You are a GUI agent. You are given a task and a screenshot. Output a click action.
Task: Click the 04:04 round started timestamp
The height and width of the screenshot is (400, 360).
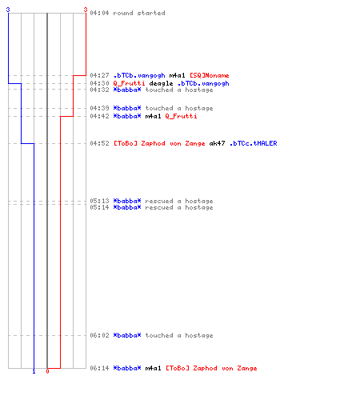tap(99, 13)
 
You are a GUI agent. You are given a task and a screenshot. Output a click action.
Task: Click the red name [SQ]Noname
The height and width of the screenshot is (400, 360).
tap(210, 75)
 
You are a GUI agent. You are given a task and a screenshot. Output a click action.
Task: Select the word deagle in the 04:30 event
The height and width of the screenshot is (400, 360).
tap(161, 84)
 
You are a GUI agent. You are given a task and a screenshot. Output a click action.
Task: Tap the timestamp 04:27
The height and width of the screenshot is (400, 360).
tap(99, 75)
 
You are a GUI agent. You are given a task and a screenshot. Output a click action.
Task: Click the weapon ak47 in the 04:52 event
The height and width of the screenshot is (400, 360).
tap(217, 143)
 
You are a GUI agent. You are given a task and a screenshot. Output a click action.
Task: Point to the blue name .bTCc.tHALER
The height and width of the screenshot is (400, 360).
tap(254, 143)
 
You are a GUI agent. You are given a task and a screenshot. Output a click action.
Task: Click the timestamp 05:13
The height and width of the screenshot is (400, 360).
tap(99, 201)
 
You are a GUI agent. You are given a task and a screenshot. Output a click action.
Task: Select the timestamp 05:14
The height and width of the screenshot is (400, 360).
tap(99, 207)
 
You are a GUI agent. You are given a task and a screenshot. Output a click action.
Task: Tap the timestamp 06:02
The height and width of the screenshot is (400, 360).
tap(99, 335)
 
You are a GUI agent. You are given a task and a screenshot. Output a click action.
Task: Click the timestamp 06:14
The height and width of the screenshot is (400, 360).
tap(99, 368)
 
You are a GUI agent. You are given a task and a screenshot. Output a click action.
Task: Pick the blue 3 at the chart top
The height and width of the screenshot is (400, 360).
tap(8, 10)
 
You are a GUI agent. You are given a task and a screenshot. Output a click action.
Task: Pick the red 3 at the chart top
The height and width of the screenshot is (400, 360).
tap(86, 10)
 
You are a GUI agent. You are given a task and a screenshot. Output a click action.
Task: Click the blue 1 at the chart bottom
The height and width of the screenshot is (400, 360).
tap(34, 371)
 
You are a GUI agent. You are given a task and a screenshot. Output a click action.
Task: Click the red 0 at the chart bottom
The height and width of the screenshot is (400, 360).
tap(47, 371)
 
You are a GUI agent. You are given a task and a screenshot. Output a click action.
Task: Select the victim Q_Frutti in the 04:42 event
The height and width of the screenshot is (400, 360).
tap(181, 116)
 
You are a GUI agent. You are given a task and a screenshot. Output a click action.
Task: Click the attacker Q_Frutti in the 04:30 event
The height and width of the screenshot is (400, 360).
tap(129, 83)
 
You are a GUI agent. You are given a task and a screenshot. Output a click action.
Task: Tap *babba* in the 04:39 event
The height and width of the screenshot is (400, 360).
tap(127, 108)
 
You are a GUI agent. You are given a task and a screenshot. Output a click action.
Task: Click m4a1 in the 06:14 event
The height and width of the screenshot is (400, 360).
tap(153, 368)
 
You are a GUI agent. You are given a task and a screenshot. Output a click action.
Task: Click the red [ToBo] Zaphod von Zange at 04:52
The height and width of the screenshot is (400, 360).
tap(159, 143)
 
